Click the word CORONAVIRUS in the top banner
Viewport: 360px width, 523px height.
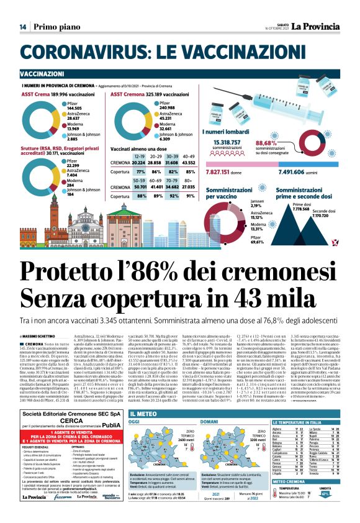pos(88,52)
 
